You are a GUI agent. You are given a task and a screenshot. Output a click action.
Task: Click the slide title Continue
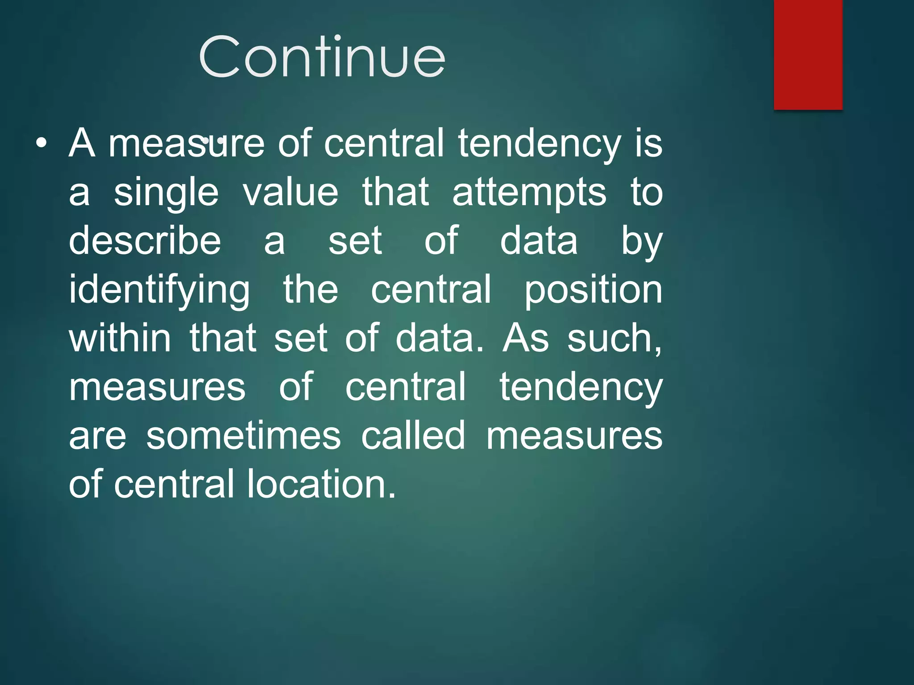[322, 57]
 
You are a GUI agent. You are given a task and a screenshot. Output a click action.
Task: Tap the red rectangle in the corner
[808, 54]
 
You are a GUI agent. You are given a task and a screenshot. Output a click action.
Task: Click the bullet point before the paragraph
[41, 144]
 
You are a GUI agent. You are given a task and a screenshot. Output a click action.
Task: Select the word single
[166, 193]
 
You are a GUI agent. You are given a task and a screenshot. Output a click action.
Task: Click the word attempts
[529, 193]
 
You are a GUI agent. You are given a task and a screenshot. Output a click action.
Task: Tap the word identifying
[159, 290]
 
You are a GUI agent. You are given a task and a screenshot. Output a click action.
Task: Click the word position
[593, 290]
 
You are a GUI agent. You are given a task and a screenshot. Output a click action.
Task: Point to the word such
[615, 339]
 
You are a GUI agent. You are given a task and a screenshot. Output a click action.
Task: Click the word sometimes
[244, 436]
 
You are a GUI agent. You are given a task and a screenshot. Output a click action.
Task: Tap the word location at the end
[321, 484]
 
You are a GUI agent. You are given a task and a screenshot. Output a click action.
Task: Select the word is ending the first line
[649, 144]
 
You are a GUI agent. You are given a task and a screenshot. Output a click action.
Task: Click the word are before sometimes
[98, 436]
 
